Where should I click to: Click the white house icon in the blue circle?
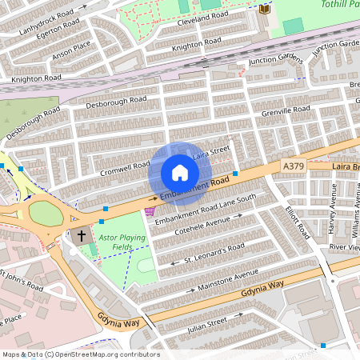[180, 173]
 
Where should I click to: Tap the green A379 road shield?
[294, 166]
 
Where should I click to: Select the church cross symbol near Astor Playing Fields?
[80, 236]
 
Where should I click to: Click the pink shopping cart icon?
[149, 211]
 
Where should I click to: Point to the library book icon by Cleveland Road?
[265, 8]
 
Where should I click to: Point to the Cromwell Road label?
[125, 169]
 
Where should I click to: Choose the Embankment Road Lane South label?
[205, 208]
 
